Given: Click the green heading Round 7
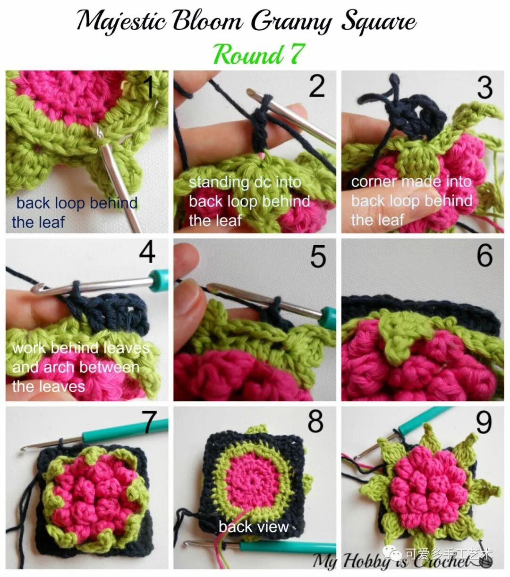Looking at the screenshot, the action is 259,54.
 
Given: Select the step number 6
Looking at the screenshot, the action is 484,255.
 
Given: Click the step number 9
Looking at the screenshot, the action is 484,422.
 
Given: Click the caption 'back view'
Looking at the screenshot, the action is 254,526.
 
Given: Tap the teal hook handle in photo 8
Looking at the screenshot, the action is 288,548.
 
